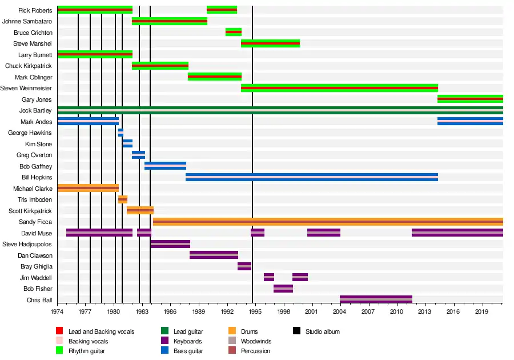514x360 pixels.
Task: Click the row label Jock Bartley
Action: pyautogui.click(x=35, y=110)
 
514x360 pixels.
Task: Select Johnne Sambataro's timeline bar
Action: pyautogui.click(x=169, y=21)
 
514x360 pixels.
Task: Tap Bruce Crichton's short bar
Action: pyautogui.click(x=233, y=32)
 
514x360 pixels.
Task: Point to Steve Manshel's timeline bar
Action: pyautogui.click(x=270, y=43)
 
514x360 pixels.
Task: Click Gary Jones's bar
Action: pyautogui.click(x=470, y=99)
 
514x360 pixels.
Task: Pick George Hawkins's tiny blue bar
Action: pyautogui.click(x=121, y=133)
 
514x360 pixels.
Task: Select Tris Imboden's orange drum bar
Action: pyautogui.click(x=123, y=199)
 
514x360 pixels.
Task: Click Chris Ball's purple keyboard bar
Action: pyautogui.click(x=376, y=299)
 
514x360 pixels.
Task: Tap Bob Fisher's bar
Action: pyautogui.click(x=283, y=289)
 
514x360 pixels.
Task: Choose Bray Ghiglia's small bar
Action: pyautogui.click(x=244, y=266)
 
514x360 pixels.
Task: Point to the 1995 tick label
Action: pyautogui.click(x=255, y=313)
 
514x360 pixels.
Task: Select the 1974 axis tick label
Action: pyautogui.click(x=57, y=313)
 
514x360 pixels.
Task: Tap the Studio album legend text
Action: pyautogui.click(x=322, y=331)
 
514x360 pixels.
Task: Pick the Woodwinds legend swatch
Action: pyautogui.click(x=232, y=341)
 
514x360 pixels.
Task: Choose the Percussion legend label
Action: pyautogui.click(x=256, y=351)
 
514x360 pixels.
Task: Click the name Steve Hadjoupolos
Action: pyautogui.click(x=27, y=244)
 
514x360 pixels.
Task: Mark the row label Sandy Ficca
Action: pyautogui.click(x=35, y=222)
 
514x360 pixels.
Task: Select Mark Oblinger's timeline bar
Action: pyautogui.click(x=214, y=77)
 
